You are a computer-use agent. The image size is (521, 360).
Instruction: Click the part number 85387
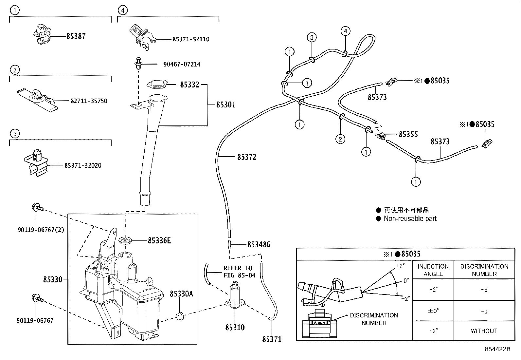pyautogui.click(x=76, y=36)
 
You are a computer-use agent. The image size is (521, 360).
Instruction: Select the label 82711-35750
pyautogui.click(x=89, y=101)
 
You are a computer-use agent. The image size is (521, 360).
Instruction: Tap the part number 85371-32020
pyautogui.click(x=83, y=165)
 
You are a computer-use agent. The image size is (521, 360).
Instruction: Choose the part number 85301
pyautogui.click(x=226, y=105)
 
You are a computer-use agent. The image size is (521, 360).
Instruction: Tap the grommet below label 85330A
pyautogui.click(x=180, y=316)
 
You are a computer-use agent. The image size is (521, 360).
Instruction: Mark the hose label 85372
pyautogui.click(x=247, y=157)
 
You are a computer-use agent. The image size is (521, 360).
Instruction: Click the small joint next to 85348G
pyautogui.click(x=229, y=244)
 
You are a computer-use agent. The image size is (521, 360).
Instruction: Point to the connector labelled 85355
pyautogui.click(x=380, y=135)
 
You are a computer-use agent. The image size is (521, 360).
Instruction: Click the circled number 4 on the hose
pyautogui.click(x=345, y=31)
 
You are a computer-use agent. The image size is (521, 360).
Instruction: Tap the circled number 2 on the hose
pyautogui.click(x=340, y=139)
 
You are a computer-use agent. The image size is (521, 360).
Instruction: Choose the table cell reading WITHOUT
pyautogui.click(x=484, y=331)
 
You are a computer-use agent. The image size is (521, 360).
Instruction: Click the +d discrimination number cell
pyautogui.click(x=484, y=290)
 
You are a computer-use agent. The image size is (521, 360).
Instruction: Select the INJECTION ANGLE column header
pyautogui.click(x=433, y=270)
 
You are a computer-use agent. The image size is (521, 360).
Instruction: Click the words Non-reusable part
pyautogui.click(x=410, y=218)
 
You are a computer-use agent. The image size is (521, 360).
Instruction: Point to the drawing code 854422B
pyautogui.click(x=497, y=349)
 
